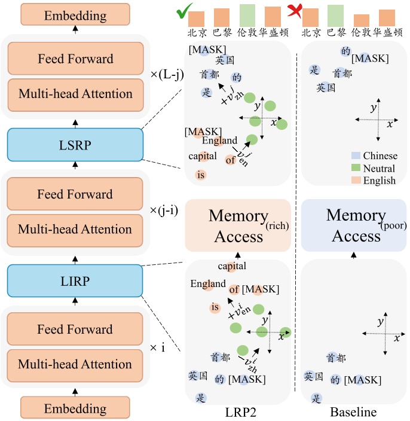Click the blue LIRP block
click(x=75, y=280)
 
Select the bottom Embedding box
click(x=75, y=409)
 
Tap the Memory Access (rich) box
click(x=238, y=226)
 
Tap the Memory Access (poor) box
click(x=353, y=226)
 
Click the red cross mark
click(x=294, y=10)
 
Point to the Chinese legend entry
click(x=375, y=156)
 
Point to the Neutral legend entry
click(x=375, y=168)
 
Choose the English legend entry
click(x=375, y=180)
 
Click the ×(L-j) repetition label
click(x=166, y=75)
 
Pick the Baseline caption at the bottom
click(x=353, y=413)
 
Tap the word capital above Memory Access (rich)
click(x=232, y=266)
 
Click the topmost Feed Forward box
click(x=75, y=59)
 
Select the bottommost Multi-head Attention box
click(x=75, y=364)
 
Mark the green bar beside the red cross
click(x=335, y=14)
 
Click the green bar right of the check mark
click(x=247, y=14)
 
